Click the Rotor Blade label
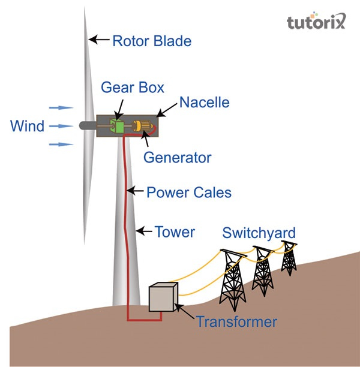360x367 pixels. (151, 41)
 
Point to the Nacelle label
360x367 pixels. (205, 103)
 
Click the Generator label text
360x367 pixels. (178, 158)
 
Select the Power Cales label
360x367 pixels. (189, 192)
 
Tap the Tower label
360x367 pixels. (175, 231)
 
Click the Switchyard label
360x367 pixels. (259, 233)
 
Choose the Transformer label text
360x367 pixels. (236, 322)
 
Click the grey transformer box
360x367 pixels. (163, 297)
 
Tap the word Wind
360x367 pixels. (27, 127)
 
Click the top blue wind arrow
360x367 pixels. (61, 108)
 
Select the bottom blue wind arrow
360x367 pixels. (61, 145)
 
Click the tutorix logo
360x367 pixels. (316, 23)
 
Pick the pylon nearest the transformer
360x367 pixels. (232, 277)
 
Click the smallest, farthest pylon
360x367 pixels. (290, 257)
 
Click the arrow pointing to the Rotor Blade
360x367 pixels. (99, 40)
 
